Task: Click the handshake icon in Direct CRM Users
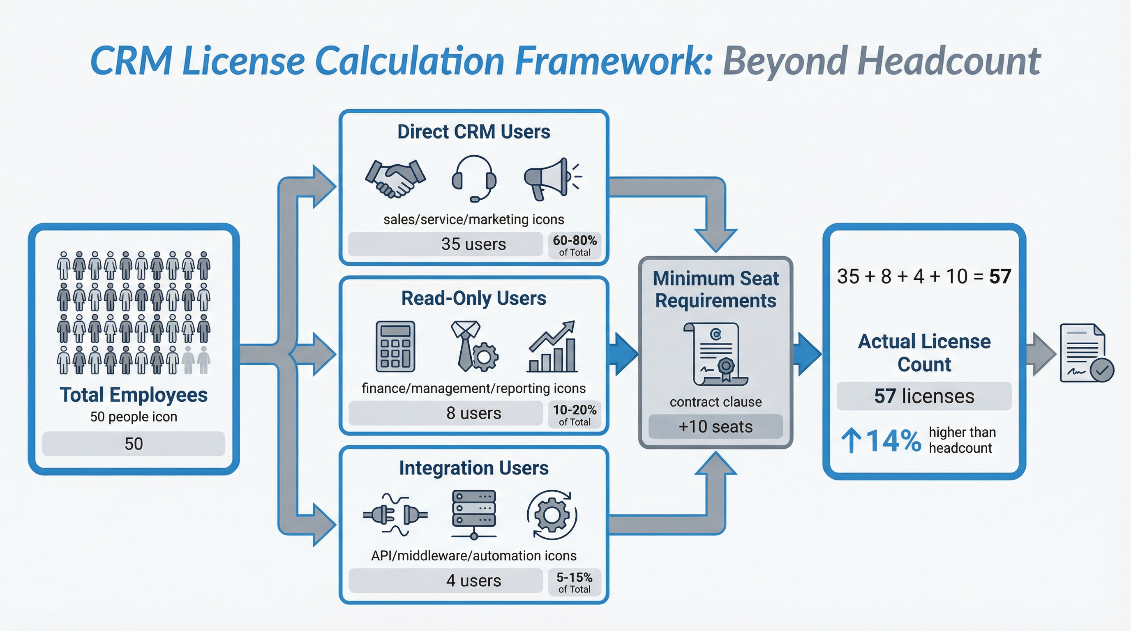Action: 395,179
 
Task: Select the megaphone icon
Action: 552,179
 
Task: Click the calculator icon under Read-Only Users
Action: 395,347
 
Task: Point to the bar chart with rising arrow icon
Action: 552,347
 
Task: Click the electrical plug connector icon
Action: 395,515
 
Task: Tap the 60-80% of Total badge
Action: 574,245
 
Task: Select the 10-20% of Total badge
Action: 574,415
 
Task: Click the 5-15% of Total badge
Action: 574,582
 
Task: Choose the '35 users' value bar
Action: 445,244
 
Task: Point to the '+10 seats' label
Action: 715,426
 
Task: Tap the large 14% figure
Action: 893,440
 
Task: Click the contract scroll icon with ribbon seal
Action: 716,354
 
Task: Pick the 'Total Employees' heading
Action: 134,394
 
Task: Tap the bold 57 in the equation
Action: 1000,276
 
